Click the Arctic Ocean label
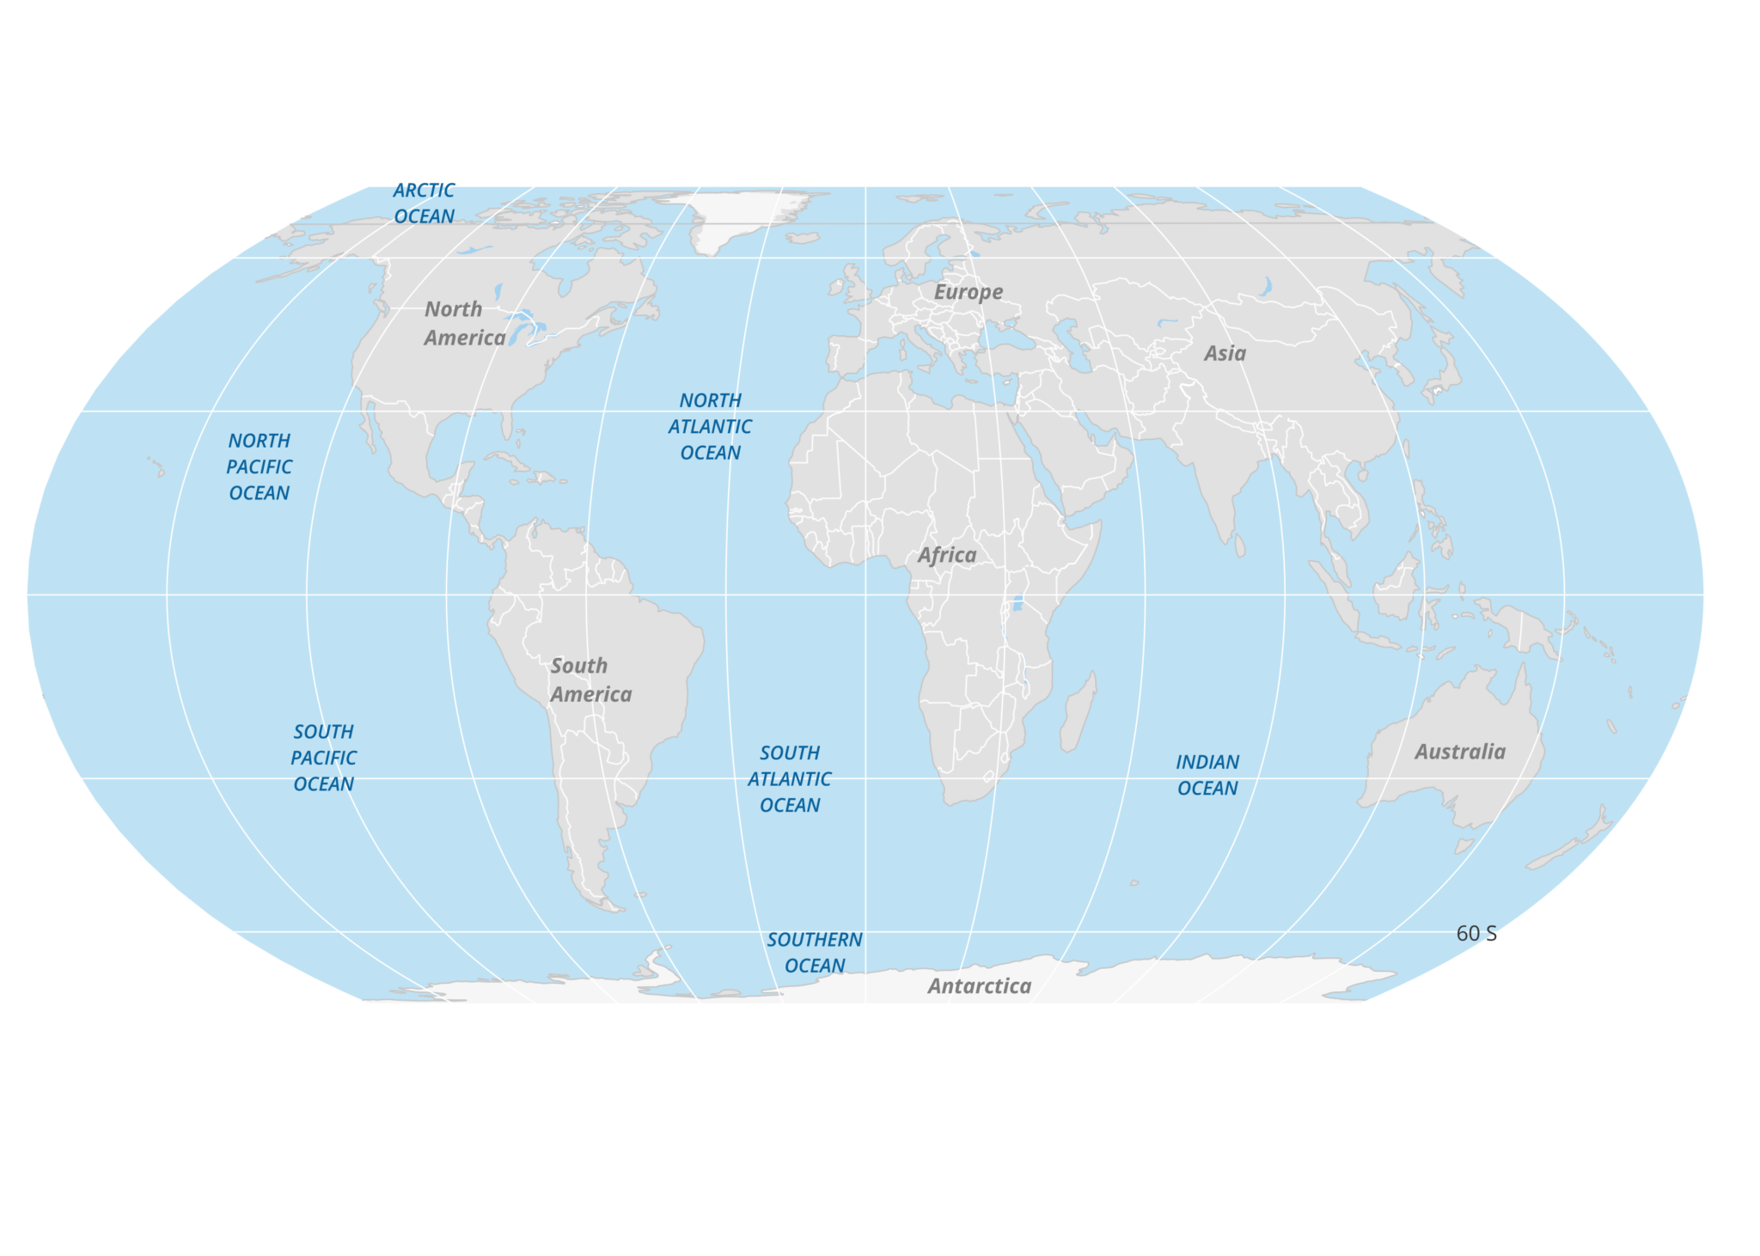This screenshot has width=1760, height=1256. pyautogui.click(x=424, y=204)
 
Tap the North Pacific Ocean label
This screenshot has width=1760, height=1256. pyautogui.click(x=259, y=466)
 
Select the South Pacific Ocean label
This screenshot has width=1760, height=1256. pyautogui.click(x=323, y=758)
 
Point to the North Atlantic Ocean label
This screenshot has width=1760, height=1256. pyautogui.click(x=710, y=426)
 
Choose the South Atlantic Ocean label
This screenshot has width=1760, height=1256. pyautogui.click(x=789, y=779)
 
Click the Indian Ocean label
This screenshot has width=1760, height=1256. pyautogui.click(x=1207, y=775)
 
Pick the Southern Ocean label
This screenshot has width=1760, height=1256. pyautogui.click(x=815, y=953)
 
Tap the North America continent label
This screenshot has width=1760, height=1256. pyautogui.click(x=465, y=323)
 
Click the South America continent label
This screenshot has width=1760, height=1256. pyautogui.click(x=591, y=680)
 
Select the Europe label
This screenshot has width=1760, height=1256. pyautogui.click(x=969, y=292)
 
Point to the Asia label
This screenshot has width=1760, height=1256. pyautogui.click(x=1225, y=353)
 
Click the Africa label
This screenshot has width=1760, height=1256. pyautogui.click(x=947, y=555)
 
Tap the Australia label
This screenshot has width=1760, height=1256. pyautogui.click(x=1460, y=752)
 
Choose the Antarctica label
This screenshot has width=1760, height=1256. pyautogui.click(x=979, y=985)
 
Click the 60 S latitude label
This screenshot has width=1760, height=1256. pyautogui.click(x=1476, y=934)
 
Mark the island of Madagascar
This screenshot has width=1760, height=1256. pyautogui.click(x=1079, y=713)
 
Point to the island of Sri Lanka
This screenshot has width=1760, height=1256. pyautogui.click(x=1239, y=546)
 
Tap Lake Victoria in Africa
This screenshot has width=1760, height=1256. pyautogui.click(x=1017, y=602)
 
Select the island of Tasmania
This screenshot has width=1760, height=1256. pyautogui.click(x=1464, y=846)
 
